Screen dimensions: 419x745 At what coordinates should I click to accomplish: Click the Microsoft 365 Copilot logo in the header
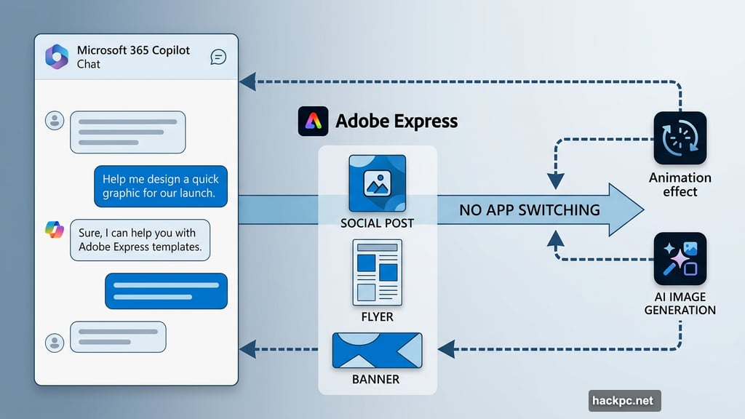(x=57, y=57)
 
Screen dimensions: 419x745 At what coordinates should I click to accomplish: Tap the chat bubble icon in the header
(x=218, y=57)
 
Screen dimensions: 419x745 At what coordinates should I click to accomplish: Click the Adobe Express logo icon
(x=313, y=121)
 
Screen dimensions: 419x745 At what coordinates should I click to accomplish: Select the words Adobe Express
(x=397, y=121)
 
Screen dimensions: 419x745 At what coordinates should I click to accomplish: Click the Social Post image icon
(x=377, y=183)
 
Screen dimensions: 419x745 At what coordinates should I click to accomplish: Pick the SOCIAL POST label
(x=377, y=223)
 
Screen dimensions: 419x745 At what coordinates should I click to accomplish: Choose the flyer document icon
(x=377, y=272)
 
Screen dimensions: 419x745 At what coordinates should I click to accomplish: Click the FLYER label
(x=377, y=316)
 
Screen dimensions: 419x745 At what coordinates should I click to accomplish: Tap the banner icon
(x=377, y=351)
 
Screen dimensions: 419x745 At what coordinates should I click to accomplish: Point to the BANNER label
(x=377, y=379)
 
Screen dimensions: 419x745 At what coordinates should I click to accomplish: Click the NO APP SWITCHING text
(x=530, y=210)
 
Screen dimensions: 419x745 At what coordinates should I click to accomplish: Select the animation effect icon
(x=680, y=137)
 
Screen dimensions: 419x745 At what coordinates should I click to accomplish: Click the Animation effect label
(x=680, y=185)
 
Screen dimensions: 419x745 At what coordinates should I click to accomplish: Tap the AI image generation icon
(x=680, y=259)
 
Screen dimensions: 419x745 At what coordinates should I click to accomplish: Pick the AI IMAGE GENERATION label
(x=680, y=303)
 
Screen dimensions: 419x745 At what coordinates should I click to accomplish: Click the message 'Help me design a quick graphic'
(x=160, y=185)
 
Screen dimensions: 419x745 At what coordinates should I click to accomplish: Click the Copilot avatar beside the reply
(x=55, y=230)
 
